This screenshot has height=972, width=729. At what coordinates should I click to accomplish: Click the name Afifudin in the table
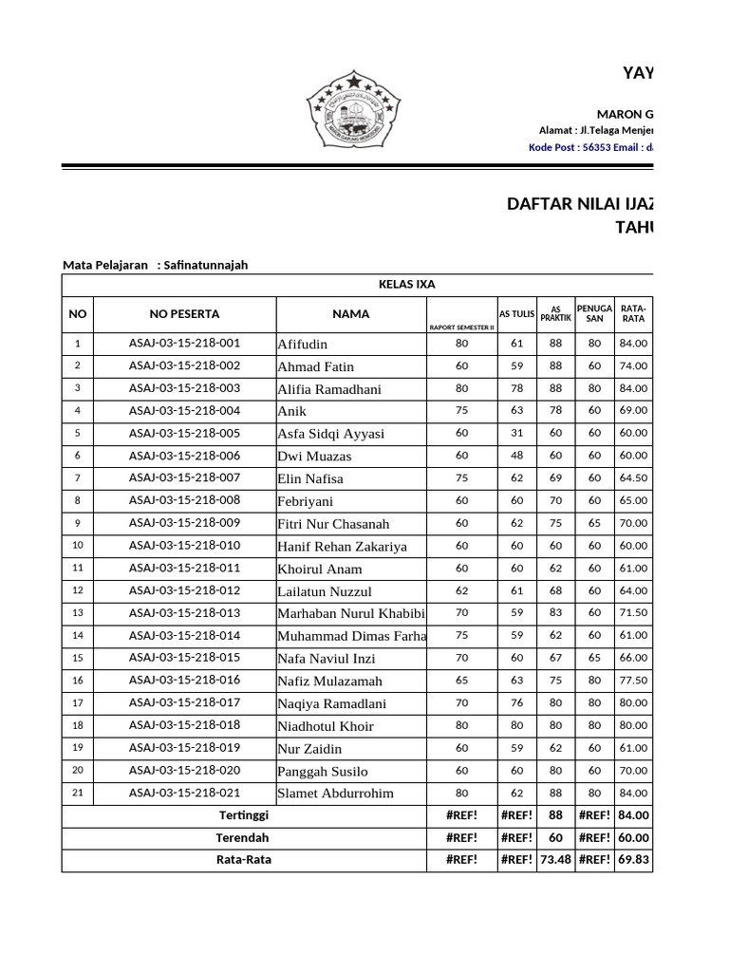(x=302, y=344)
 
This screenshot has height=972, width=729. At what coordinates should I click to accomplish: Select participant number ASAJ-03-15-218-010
(x=184, y=546)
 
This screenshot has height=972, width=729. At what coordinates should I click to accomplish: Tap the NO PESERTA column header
(x=184, y=314)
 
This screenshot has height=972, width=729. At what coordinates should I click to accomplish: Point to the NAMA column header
(x=351, y=314)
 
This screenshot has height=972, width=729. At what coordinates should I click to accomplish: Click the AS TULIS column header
(x=517, y=314)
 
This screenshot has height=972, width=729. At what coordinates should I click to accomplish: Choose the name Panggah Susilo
(x=323, y=771)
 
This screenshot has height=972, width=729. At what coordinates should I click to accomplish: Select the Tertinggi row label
(x=244, y=815)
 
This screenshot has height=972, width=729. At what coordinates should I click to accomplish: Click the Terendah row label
(x=244, y=838)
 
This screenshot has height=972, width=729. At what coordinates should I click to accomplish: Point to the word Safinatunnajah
(x=205, y=265)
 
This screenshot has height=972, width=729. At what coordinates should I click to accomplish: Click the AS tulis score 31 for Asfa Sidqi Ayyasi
(x=517, y=433)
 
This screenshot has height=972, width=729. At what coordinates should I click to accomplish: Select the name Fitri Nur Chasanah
(x=333, y=523)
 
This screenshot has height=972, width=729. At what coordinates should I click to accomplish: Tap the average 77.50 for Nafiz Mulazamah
(x=633, y=681)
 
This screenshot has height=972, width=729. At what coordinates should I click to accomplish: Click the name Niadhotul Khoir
(x=326, y=726)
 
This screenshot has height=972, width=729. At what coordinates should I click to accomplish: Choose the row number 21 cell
(x=78, y=794)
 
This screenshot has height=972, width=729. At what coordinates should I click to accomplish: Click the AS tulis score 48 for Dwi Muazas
(x=517, y=456)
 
